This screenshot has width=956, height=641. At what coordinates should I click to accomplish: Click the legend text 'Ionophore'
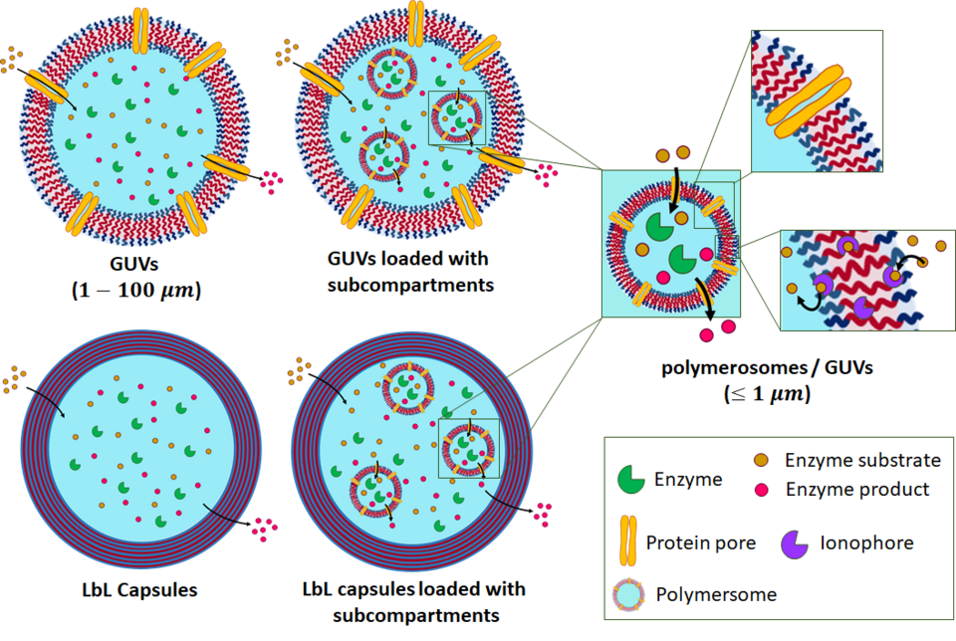coord(867,542)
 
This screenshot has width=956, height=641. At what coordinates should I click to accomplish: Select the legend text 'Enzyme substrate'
coord(862,460)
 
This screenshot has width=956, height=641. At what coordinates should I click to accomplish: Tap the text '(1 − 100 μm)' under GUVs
coord(137,292)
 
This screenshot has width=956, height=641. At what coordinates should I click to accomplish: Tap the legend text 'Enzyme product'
coord(857,489)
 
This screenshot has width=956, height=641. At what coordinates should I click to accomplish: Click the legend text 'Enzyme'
coord(688,479)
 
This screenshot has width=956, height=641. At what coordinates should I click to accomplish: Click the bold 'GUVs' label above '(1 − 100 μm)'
coord(136,266)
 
